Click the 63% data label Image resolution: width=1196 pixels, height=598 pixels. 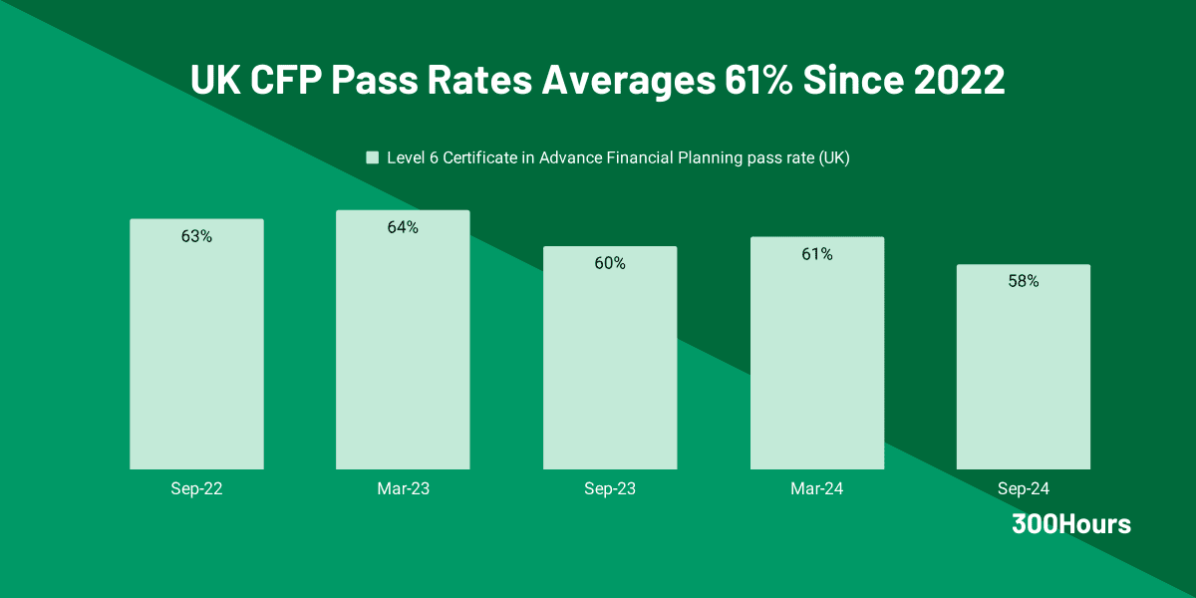tap(196, 236)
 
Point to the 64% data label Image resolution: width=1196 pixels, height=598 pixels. tap(403, 227)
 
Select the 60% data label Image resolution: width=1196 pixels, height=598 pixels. tap(610, 263)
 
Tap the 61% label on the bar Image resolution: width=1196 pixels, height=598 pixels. tap(816, 254)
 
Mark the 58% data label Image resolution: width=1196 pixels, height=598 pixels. tap(1023, 281)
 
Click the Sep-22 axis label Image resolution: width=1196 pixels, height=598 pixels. tap(196, 489)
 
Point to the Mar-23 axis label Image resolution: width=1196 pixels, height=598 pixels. tap(403, 489)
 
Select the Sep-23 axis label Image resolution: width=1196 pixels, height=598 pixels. tap(610, 489)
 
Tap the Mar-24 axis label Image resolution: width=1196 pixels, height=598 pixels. tap(816, 489)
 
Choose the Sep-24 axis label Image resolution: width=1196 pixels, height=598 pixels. tap(1023, 489)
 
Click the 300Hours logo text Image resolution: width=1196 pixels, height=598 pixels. tap(1071, 524)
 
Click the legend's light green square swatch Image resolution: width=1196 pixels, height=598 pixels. tap(373, 157)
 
